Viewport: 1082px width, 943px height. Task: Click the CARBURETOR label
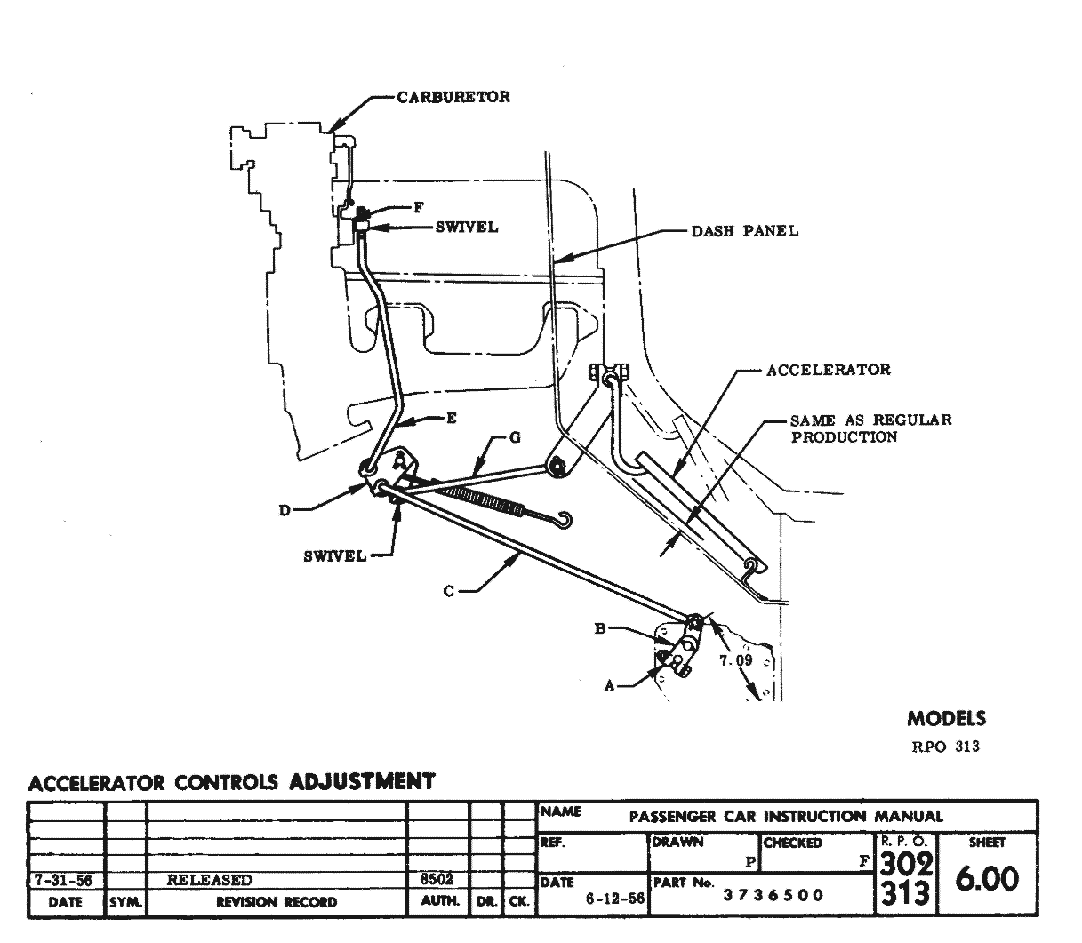pyautogui.click(x=453, y=97)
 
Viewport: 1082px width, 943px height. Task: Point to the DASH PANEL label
pyautogui.click(x=744, y=231)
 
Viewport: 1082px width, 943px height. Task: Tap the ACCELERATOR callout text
pyautogui.click(x=828, y=370)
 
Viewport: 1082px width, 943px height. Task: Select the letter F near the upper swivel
pyautogui.click(x=418, y=208)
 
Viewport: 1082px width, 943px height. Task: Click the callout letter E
pyautogui.click(x=452, y=418)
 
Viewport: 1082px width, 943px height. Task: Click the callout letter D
pyautogui.click(x=285, y=510)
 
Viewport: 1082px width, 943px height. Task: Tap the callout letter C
pyautogui.click(x=449, y=590)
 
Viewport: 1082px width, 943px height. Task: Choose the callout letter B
pyautogui.click(x=600, y=629)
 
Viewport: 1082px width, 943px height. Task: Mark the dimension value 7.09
pyautogui.click(x=735, y=660)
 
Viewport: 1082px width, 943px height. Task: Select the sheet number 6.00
pyautogui.click(x=986, y=880)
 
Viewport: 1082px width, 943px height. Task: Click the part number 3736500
pyautogui.click(x=773, y=895)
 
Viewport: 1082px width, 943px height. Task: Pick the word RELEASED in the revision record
pyautogui.click(x=210, y=880)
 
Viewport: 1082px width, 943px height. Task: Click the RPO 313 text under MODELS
pyautogui.click(x=945, y=747)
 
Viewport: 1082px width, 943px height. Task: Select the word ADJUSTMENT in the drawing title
pyautogui.click(x=363, y=782)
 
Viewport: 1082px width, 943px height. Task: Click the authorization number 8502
pyautogui.click(x=437, y=878)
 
